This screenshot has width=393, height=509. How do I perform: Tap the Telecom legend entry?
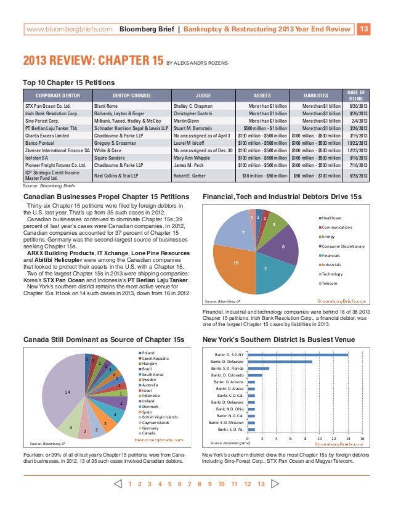coord(330,283)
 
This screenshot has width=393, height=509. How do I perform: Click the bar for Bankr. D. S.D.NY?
coord(298,354)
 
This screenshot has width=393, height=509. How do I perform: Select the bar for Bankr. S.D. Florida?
coord(258,368)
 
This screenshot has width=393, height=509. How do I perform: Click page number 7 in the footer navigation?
coord(189,484)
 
